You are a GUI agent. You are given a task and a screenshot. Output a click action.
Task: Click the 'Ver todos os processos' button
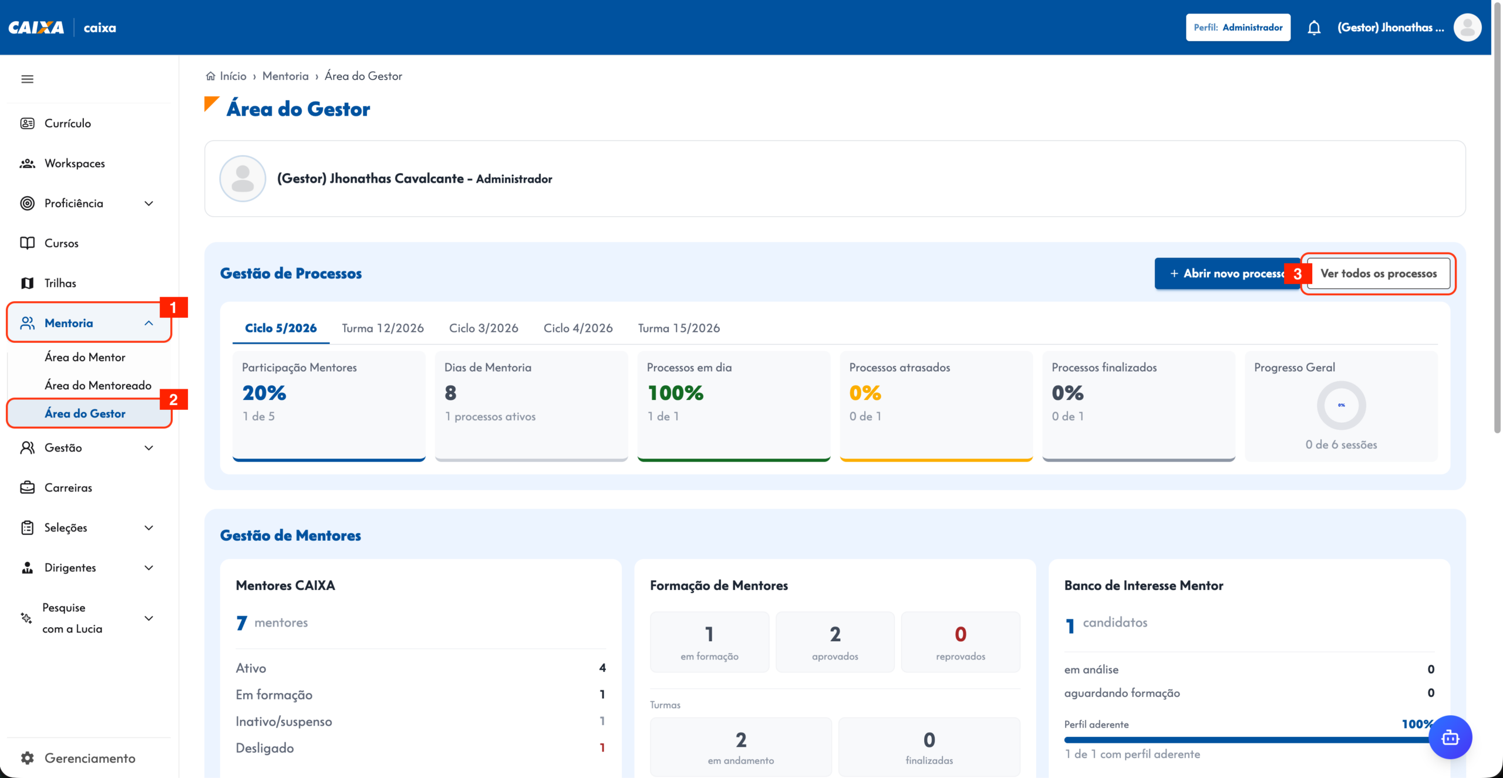[x=1379, y=274]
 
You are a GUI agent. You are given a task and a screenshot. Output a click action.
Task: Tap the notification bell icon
[x=1314, y=28]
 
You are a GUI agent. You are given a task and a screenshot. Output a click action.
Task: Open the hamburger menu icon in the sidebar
[x=27, y=79]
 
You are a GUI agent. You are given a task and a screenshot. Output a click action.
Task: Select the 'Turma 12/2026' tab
[x=383, y=328]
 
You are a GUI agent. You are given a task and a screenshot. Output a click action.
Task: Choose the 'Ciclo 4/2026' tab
[x=578, y=328]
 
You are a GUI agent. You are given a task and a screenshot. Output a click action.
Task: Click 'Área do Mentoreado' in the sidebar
[x=98, y=385]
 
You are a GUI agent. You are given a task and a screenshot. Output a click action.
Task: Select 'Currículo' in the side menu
[x=68, y=123]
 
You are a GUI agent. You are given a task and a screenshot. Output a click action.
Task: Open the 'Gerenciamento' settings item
[x=90, y=758]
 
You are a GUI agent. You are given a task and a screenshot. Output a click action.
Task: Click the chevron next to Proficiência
[x=149, y=203]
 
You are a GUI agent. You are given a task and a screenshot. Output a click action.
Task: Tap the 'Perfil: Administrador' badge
[x=1238, y=28]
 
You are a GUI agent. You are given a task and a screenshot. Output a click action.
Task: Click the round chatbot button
[x=1450, y=737]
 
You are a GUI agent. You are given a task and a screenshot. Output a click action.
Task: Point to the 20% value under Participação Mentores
[x=264, y=393]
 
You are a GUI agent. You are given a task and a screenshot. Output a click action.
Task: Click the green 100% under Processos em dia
[x=675, y=393]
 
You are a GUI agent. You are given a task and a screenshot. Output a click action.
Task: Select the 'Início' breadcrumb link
[x=232, y=76]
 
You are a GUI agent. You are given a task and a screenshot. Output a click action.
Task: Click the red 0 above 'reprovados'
[x=961, y=634]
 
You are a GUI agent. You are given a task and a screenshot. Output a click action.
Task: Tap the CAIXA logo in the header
[x=36, y=28]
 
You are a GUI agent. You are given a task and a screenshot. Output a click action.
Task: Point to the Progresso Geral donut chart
[x=1341, y=405]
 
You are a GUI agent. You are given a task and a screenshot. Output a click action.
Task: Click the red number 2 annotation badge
[x=173, y=400]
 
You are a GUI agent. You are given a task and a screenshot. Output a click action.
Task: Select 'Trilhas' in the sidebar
[x=60, y=283]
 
